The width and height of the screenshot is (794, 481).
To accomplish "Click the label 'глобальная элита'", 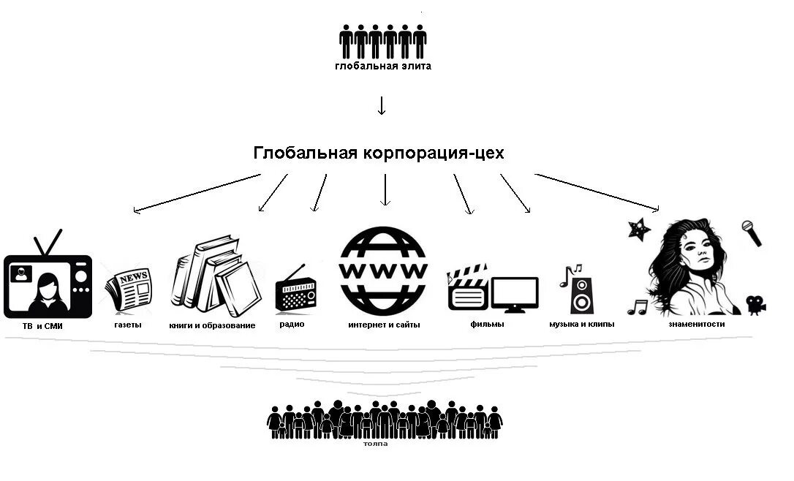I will click(383, 67).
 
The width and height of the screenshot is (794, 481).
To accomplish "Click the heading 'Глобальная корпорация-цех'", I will click(379, 154).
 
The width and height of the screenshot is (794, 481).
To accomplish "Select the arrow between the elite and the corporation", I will click(381, 106).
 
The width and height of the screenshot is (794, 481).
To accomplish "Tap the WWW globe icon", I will click(383, 270).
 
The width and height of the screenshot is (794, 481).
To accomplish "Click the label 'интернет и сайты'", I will click(384, 325).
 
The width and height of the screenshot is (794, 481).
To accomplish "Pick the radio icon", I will click(296, 292).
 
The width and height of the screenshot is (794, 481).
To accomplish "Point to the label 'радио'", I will click(292, 324).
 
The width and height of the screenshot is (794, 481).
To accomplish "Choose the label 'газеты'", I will click(128, 325).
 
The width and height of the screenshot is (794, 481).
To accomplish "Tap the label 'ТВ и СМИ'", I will click(42, 326).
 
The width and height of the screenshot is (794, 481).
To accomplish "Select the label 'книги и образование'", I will click(212, 325).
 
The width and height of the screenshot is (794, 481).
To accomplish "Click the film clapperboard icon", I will click(467, 289).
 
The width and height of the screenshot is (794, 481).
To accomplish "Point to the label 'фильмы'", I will click(487, 324).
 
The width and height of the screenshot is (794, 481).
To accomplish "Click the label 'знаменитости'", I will click(696, 323).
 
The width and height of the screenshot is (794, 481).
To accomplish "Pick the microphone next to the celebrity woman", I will click(752, 233).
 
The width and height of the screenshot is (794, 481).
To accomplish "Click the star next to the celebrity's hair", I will click(639, 229).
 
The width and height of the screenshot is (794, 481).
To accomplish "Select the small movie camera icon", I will click(756, 304).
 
